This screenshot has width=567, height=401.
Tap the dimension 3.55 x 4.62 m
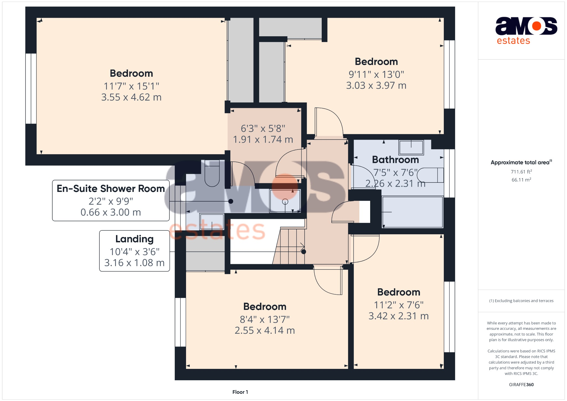(131, 97)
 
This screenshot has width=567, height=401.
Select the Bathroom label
(395, 160)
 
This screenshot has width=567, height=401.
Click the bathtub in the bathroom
(413, 212)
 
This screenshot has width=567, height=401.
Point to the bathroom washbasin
(411, 147)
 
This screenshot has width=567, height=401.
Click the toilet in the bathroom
(431, 175)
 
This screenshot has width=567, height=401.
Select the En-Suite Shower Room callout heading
(111, 189)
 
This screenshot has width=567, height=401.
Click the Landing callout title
(135, 239)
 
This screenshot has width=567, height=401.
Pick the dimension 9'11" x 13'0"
(376, 74)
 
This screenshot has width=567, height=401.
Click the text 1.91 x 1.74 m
(263, 140)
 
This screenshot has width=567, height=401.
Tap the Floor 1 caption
(240, 392)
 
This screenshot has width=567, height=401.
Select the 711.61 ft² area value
(521, 172)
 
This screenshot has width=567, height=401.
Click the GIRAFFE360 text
(521, 385)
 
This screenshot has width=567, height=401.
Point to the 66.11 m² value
(521, 180)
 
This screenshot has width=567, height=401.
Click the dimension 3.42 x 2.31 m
(398, 316)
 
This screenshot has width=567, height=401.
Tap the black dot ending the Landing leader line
(304, 252)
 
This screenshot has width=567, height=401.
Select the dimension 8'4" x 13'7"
(265, 320)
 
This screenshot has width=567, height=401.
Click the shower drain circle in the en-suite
(285, 202)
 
